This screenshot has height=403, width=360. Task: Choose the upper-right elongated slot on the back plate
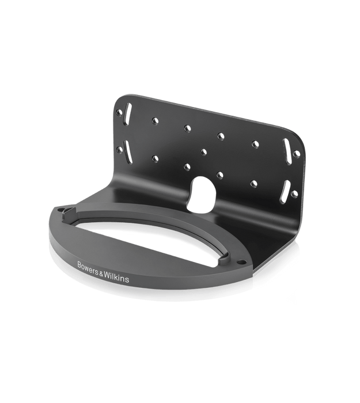[286, 146]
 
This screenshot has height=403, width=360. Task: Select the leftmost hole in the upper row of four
[154, 120]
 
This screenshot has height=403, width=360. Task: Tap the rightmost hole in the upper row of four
[253, 142]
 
